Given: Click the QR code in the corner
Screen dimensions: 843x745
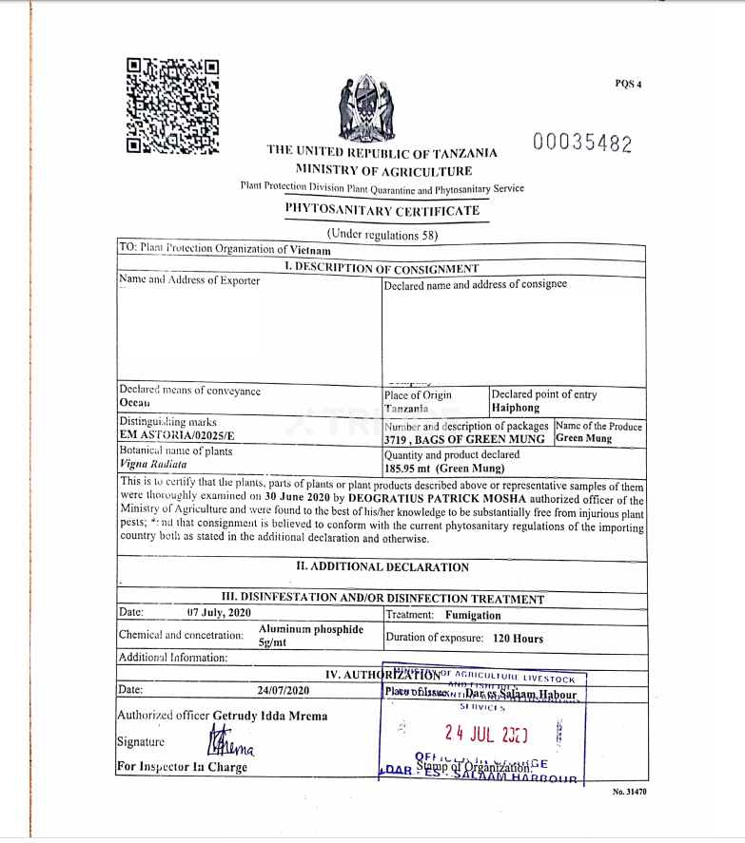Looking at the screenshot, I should click(172, 106).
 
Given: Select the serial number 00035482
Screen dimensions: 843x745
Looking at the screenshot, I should click(582, 144).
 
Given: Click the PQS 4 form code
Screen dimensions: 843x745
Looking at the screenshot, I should click(628, 84).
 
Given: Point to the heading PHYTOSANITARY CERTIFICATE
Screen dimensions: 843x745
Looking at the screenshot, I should click(382, 210).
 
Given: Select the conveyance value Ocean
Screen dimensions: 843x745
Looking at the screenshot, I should click(135, 403).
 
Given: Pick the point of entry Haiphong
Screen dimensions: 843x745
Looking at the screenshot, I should click(515, 408).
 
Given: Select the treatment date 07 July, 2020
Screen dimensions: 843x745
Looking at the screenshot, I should click(219, 613).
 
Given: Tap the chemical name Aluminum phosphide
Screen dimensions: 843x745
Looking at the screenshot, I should click(311, 629).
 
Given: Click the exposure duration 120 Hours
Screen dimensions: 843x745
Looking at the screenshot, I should click(519, 639).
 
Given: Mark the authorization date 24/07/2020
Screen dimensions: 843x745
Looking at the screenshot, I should click(284, 690).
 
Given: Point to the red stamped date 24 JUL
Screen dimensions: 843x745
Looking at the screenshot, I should click(485, 734).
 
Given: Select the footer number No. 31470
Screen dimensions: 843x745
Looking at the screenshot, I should click(629, 791).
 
